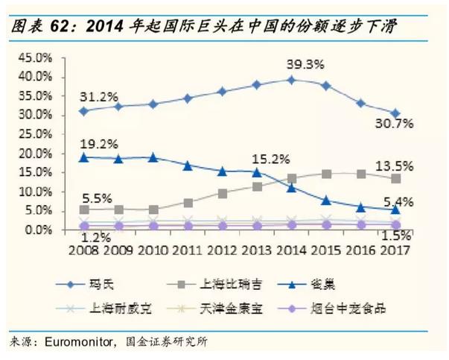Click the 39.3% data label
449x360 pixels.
pos(305,65)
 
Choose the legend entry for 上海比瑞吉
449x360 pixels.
pos(224,284)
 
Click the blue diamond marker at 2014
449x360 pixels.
pos(291,80)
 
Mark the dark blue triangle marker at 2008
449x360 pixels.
pos(83,157)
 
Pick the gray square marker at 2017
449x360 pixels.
pos(396,179)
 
